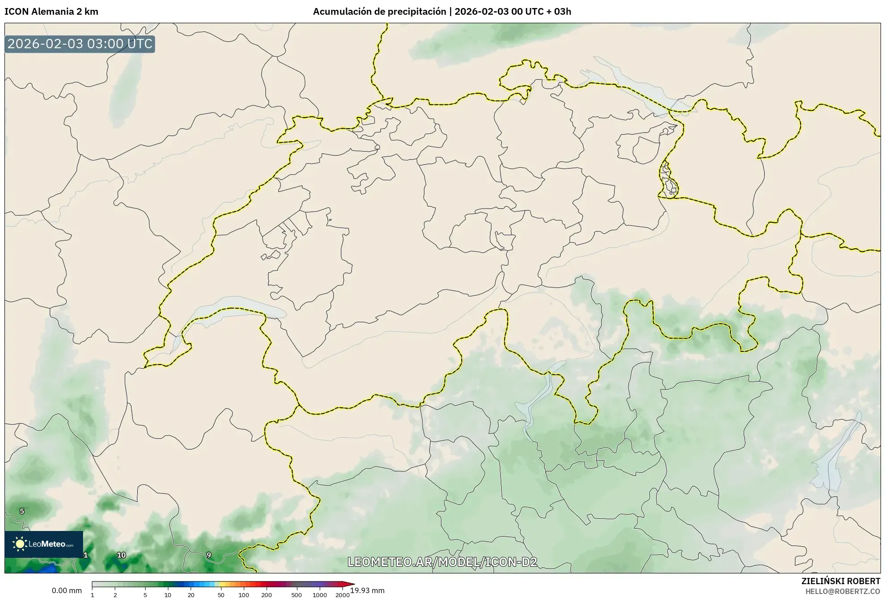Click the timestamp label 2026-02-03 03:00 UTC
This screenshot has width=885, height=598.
coord(80,44)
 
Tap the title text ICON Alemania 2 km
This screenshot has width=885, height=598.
coord(51,12)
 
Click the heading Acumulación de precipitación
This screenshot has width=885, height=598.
coord(379,12)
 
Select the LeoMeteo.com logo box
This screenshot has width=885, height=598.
coord(44,544)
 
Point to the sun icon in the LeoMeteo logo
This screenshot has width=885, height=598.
coord(20,544)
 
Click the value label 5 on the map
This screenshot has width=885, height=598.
coord(22,511)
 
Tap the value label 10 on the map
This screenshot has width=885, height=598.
coord(121,555)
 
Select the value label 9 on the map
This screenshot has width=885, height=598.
coord(209,555)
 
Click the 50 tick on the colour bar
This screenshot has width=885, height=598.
coord(221,594)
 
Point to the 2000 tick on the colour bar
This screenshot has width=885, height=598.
coord(342,594)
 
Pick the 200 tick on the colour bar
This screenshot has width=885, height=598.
coord(267,594)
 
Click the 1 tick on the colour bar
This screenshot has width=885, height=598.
coord(92,594)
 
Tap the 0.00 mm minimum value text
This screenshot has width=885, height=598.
coord(67,590)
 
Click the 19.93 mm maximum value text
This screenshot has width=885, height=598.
coord(367,590)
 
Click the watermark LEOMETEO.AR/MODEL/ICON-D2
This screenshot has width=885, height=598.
coord(442,562)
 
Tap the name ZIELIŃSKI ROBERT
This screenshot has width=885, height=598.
coord(841,581)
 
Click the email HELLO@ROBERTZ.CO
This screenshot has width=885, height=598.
coord(843,591)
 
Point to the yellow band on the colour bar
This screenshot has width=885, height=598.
coord(219,584)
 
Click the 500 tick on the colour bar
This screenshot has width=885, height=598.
coord(296,594)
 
